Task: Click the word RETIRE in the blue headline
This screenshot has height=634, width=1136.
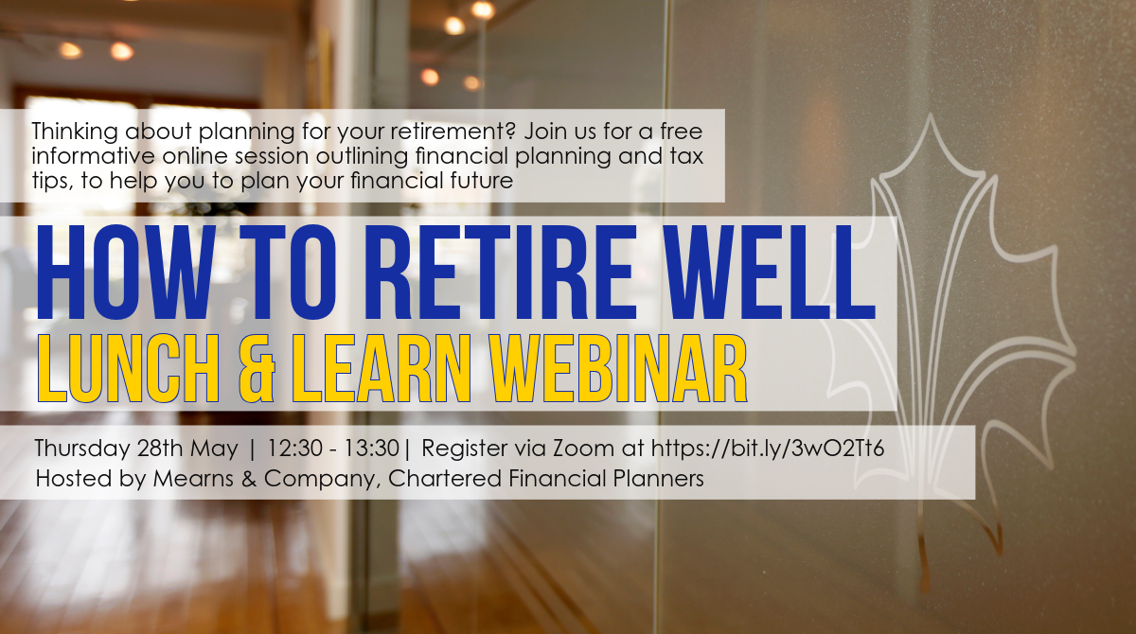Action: [501, 273]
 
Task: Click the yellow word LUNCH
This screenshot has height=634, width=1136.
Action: [129, 368]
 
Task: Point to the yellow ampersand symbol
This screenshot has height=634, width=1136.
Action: [257, 368]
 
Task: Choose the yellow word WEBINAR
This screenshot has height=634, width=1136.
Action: [618, 368]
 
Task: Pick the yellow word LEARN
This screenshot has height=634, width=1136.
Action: [382, 368]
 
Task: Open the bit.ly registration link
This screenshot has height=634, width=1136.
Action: [768, 449]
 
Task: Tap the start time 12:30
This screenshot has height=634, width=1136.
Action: [294, 449]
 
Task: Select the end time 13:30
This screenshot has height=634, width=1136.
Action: [372, 449]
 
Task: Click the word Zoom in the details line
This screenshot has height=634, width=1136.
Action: [583, 449]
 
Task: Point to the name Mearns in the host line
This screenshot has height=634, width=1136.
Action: [193, 479]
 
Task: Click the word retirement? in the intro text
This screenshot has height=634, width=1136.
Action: [453, 132]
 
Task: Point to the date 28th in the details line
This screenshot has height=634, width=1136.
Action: [160, 449]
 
